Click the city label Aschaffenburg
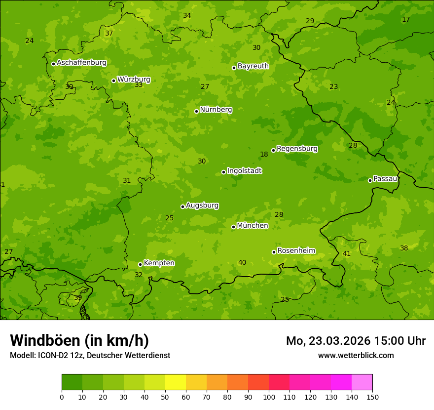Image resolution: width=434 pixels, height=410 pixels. tap(81, 63)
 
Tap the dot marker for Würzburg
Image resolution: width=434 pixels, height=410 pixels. tap(113, 81)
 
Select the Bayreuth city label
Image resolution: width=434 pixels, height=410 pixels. tap(253, 66)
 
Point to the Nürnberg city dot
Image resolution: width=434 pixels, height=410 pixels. tap(196, 111)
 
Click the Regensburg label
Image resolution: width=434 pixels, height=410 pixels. tap(297, 149)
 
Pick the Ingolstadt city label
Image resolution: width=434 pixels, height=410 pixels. tap(244, 171)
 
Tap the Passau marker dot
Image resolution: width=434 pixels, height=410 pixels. tap(370, 180)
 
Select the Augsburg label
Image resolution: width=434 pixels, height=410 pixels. tap(202, 205)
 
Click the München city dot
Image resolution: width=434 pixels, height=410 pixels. tap(233, 227)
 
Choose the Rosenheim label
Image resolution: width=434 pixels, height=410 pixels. tap(296, 251)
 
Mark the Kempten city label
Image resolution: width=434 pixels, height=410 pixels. tap(159, 263)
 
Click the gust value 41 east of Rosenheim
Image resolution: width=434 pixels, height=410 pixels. tap(347, 254)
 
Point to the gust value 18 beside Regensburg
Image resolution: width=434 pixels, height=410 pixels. tap(264, 155)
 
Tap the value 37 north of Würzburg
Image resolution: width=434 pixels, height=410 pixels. tap(109, 34)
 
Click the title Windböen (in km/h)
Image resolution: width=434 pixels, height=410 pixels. tap(79, 340)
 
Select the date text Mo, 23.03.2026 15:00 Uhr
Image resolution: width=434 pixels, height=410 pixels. tap(356, 341)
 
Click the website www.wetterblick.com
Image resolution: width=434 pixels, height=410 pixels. tap(356, 355)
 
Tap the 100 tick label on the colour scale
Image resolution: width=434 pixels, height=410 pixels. tap(269, 397)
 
